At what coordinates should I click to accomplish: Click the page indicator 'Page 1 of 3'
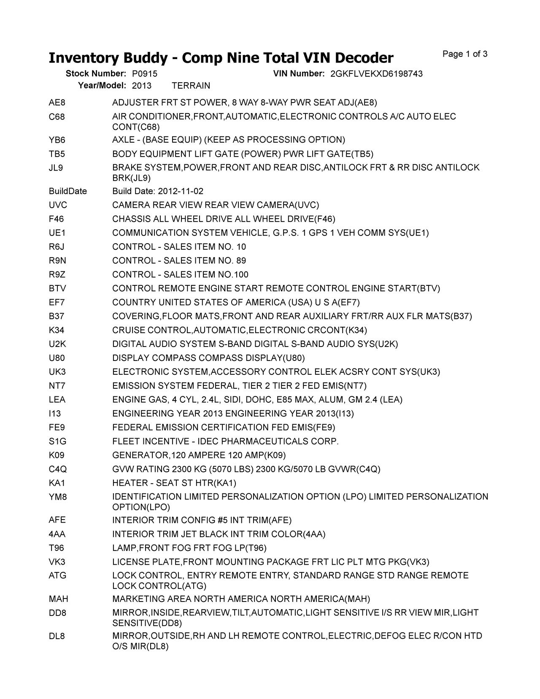pos(465,54)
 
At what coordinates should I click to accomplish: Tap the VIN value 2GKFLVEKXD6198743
pos(376,74)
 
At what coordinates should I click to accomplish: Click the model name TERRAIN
pos(191,86)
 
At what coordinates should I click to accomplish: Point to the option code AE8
pos(57,103)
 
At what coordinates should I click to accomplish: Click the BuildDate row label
pos(67,191)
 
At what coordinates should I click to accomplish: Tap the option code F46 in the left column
pos(57,219)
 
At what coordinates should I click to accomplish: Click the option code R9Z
pos(57,275)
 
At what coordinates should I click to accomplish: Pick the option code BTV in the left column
pos(57,289)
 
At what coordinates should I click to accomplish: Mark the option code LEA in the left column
pos(57,400)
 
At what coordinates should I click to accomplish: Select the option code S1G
pos(57,442)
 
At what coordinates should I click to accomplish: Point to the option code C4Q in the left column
pos(57,469)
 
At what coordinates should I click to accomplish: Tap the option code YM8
pos(57,497)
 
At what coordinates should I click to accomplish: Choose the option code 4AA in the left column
pos(57,534)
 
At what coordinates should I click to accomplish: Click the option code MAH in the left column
pos(58,599)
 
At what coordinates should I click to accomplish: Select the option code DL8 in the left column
pos(57,636)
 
